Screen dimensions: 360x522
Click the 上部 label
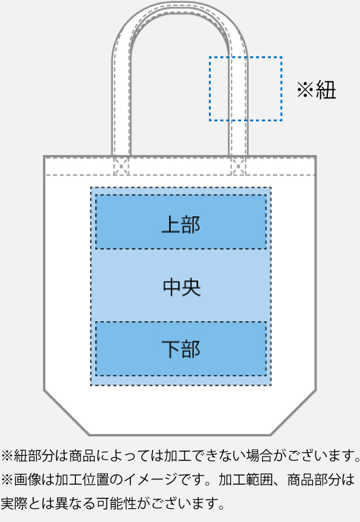[181, 224]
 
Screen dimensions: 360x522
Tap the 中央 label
[182, 287]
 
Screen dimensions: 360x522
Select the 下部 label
[181, 349]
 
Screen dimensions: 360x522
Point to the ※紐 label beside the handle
[316, 89]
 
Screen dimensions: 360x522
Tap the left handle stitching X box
[121, 166]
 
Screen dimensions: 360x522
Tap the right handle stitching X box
[238, 166]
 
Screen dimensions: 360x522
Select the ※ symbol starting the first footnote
[7, 456]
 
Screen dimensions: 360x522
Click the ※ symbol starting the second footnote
[7, 479]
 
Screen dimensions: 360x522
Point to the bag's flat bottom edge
[180, 435]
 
